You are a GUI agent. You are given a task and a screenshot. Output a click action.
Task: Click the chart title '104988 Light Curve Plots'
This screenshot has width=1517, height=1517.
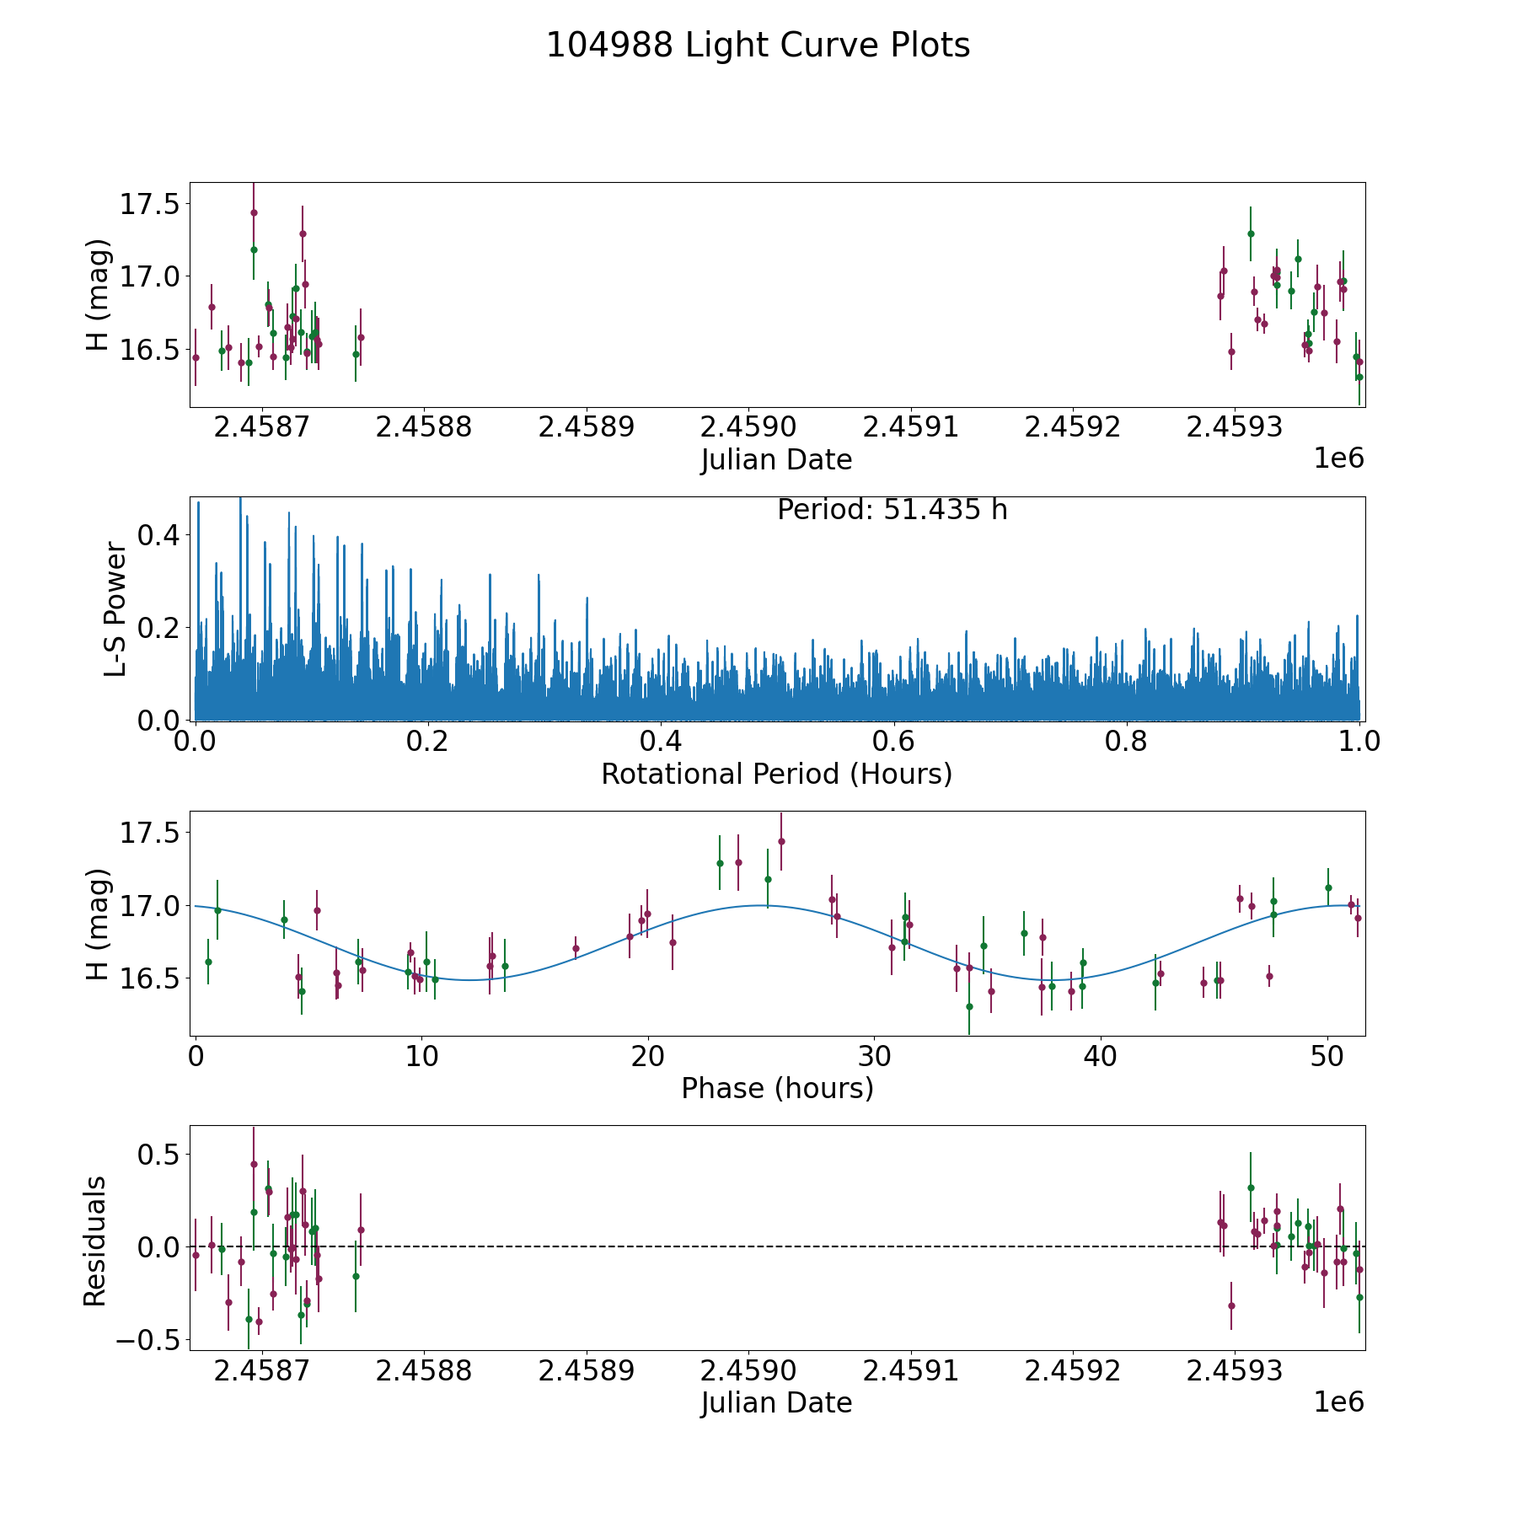coord(758,46)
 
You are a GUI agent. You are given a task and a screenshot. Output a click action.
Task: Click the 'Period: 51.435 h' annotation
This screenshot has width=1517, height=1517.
coord(892,510)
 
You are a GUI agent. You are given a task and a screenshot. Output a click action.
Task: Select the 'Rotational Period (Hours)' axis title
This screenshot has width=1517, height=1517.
coord(776,774)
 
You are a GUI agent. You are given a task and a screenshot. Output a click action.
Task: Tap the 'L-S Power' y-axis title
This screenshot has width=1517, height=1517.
coord(116,608)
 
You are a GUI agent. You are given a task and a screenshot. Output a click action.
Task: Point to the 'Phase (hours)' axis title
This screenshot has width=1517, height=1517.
coord(776,1088)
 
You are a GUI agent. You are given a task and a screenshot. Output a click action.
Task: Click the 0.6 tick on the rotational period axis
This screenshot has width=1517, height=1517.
coord(893,742)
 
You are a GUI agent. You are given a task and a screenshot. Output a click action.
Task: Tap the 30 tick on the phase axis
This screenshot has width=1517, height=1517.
coord(874,1056)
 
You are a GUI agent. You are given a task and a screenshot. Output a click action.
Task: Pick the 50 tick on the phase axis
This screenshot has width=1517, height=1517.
coord(1327,1056)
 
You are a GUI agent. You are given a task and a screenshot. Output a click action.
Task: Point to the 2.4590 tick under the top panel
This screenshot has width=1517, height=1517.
coord(748,427)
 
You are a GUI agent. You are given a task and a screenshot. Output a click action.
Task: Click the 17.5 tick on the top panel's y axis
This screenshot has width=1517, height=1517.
coord(149,204)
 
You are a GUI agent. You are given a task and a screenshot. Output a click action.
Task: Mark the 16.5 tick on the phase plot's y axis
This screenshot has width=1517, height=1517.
coord(149,978)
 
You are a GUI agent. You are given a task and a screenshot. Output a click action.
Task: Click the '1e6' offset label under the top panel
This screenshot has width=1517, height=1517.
coord(1338,458)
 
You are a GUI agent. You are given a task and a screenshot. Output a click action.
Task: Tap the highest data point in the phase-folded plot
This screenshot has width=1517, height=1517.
coord(781,841)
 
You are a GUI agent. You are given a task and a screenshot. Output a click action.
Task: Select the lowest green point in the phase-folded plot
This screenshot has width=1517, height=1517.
coord(969,1006)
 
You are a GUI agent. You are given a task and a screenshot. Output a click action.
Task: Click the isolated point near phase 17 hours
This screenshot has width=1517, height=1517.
coord(576,948)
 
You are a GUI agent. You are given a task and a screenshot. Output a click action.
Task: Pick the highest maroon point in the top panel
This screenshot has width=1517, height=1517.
coord(254,212)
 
